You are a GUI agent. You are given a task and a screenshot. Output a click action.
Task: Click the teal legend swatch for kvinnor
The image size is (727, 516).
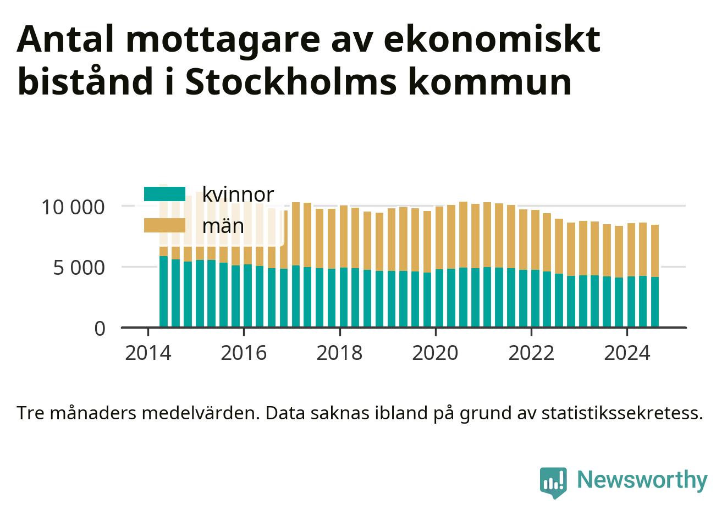tap(164, 194)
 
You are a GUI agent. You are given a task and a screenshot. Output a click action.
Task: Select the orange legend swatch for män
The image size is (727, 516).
tap(164, 225)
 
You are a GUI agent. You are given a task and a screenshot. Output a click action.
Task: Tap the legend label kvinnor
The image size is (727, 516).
tap(238, 195)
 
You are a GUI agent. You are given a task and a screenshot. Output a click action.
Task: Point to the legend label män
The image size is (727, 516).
tap(223, 225)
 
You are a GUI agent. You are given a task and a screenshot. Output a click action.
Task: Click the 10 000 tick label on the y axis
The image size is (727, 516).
tap(73, 207)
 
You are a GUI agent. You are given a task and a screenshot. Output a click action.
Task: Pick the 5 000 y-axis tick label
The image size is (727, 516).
tap(79, 268)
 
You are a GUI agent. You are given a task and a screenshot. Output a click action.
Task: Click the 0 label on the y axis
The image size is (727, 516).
tap(100, 329)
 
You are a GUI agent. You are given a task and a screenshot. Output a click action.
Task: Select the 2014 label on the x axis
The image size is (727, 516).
tap(148, 353)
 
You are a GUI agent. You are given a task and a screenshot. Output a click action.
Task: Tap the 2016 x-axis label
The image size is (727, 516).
tap(244, 353)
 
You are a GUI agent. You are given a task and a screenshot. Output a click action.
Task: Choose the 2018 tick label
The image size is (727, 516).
tap(339, 353)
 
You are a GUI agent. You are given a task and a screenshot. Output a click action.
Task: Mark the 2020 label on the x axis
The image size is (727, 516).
tap(435, 353)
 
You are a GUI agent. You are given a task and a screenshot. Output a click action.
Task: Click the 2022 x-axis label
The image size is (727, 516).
tap(531, 353)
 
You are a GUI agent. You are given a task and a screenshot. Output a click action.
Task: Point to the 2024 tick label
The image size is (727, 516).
tap(627, 353)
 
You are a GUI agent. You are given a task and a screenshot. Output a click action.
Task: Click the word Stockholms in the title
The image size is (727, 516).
tap(291, 81)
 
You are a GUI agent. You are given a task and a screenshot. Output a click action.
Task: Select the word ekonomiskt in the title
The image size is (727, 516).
tap(492, 38)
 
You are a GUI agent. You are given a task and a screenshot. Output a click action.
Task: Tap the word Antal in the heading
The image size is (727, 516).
tap(65, 38)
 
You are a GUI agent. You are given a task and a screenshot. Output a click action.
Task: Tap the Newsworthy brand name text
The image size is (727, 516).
tap(642, 480)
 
